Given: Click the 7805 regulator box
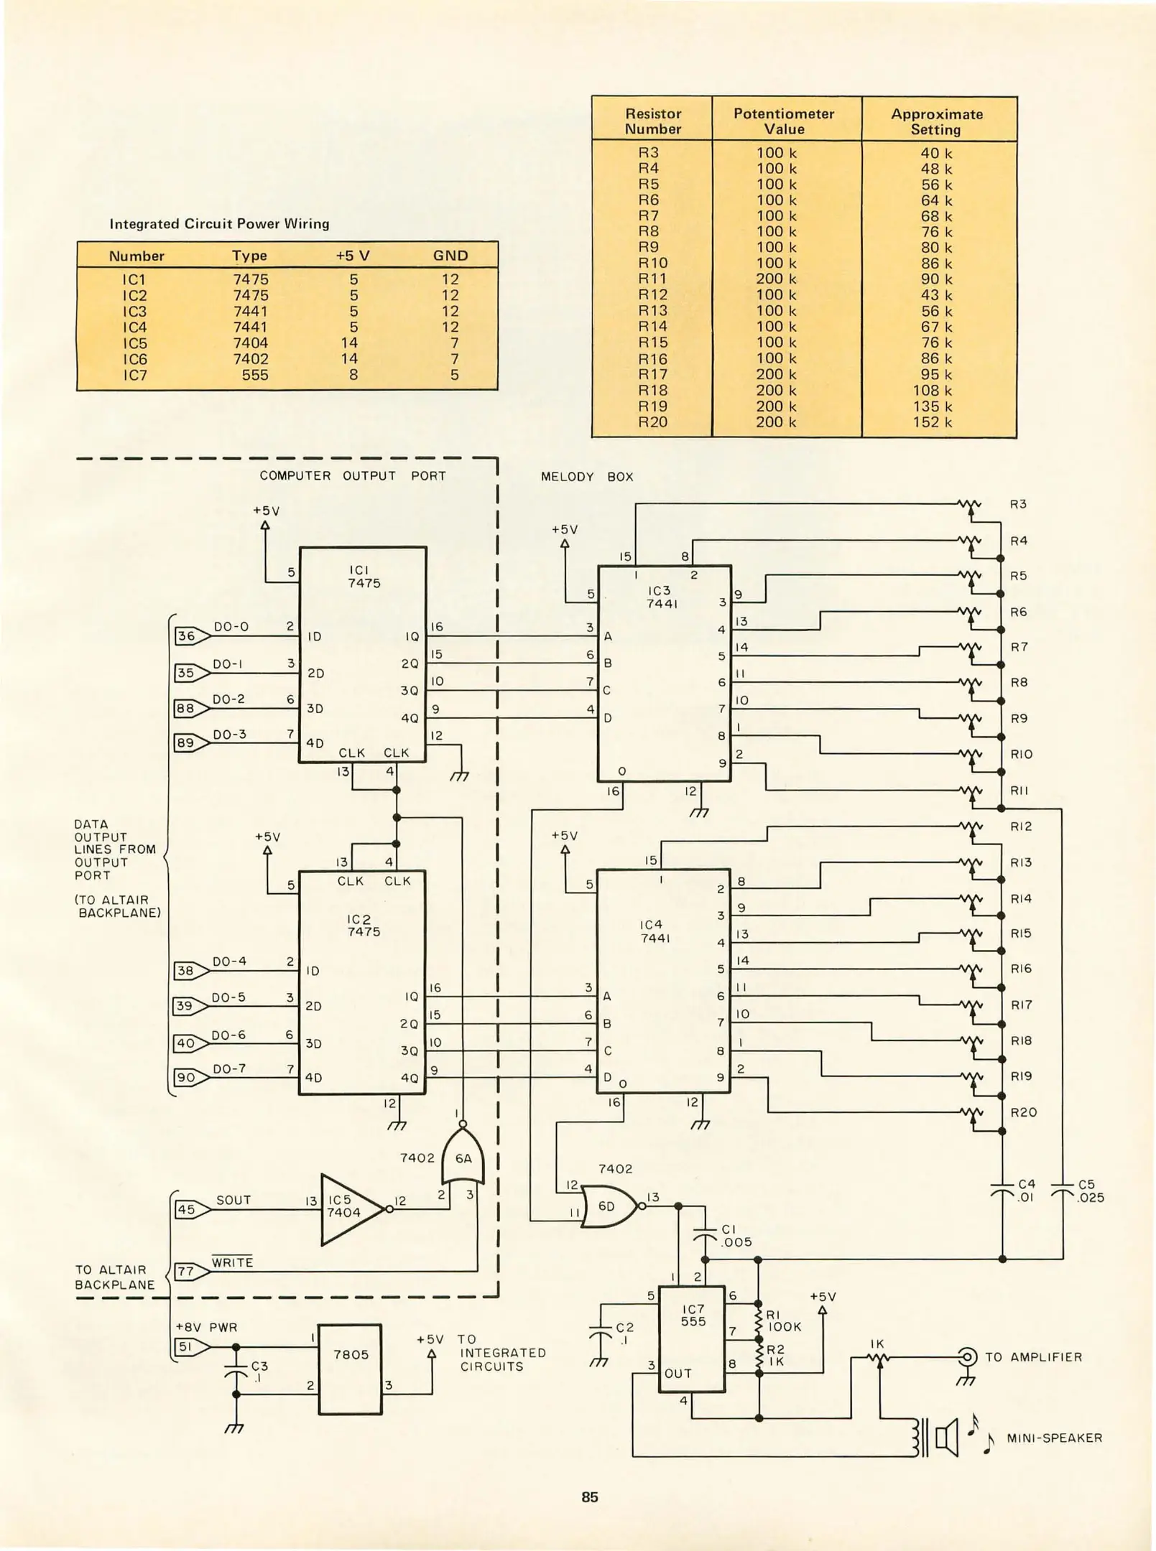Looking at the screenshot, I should (x=350, y=1369).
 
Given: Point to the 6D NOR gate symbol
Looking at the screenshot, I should (x=609, y=1206).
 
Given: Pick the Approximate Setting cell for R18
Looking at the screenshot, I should (x=936, y=391).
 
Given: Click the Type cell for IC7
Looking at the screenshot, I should (x=255, y=375).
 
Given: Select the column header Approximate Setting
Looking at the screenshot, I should (x=936, y=121).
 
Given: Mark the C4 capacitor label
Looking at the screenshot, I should (x=1027, y=1184).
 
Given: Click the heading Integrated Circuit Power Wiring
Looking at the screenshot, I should (x=219, y=224).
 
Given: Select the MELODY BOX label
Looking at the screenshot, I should (x=587, y=477).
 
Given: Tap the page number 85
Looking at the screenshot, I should (x=590, y=1497).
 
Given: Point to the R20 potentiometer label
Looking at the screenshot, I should (x=1023, y=1112).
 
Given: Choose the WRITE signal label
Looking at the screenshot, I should (x=232, y=1262).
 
